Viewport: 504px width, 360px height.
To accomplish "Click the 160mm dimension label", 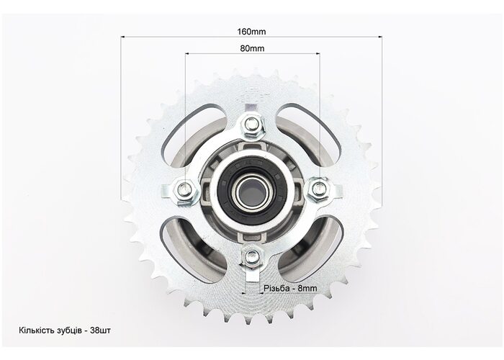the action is tap(252, 32).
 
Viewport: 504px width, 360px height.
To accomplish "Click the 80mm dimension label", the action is tap(252, 48).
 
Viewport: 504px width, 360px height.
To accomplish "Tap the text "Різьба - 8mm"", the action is tap(290, 288).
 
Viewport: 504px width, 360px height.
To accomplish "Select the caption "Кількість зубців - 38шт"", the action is tap(65, 330).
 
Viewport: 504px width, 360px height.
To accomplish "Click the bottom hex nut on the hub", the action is tap(252, 256).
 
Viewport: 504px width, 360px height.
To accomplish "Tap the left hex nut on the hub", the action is tap(184, 189).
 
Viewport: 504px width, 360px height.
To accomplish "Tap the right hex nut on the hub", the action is tap(318, 189).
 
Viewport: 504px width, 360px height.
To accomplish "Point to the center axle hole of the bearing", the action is tap(252, 192).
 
